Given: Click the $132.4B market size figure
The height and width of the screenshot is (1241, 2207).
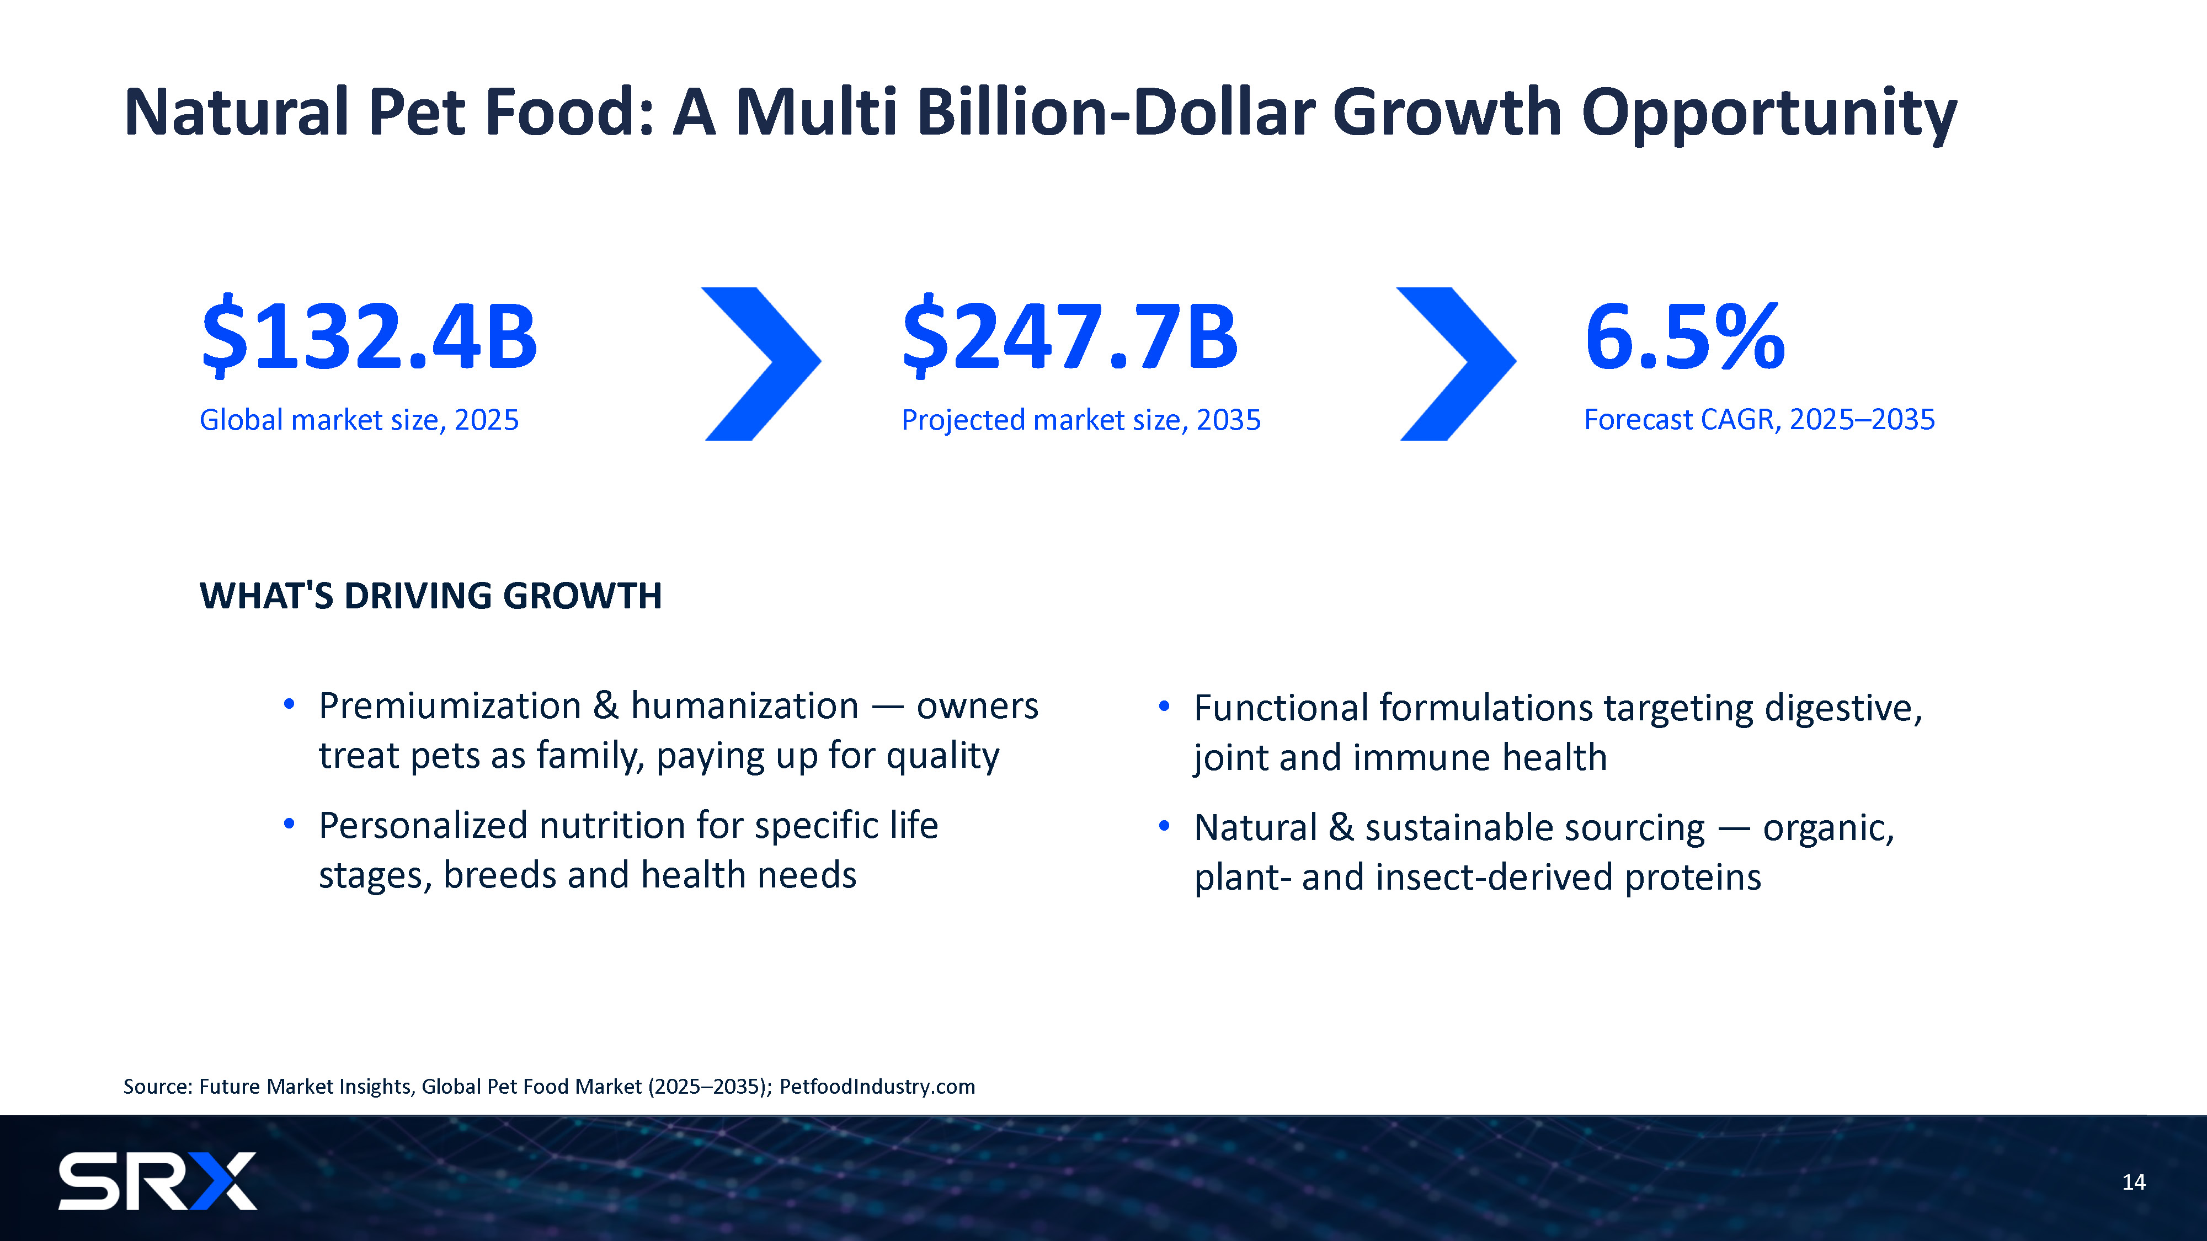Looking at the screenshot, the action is tap(369, 336).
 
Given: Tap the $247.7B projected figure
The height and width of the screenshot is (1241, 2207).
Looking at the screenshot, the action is tap(1070, 336).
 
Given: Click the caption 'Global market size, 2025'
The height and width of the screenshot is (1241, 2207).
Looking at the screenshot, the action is tap(359, 420).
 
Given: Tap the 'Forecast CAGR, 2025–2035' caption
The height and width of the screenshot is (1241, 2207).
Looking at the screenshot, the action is tap(1759, 420).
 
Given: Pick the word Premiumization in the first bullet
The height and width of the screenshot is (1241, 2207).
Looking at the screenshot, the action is tap(450, 707).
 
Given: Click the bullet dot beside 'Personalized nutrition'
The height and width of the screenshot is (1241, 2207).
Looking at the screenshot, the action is tap(290, 825).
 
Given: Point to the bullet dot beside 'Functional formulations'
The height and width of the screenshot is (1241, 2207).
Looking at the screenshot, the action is tap(1164, 707).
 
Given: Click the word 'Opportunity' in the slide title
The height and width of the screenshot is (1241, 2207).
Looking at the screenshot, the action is tap(1769, 114).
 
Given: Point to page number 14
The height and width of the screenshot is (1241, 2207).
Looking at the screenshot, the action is tap(2133, 1183).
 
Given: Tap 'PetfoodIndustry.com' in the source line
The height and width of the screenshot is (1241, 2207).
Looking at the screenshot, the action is tap(877, 1087).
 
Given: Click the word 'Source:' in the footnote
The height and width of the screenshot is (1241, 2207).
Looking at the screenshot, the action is tap(158, 1087).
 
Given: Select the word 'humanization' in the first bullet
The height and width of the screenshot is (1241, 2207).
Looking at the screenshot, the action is tap(744, 707).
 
